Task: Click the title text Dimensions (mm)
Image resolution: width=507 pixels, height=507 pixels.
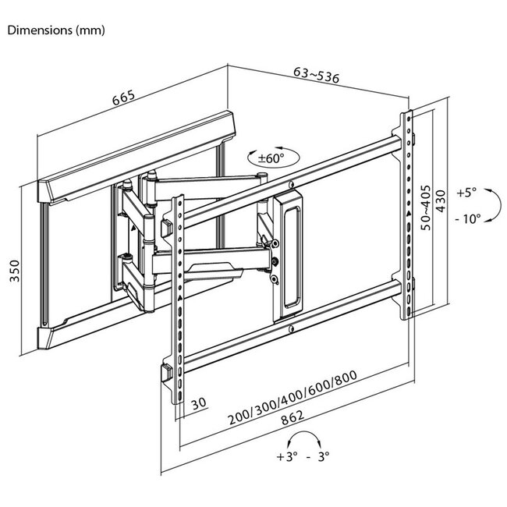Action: point(56,30)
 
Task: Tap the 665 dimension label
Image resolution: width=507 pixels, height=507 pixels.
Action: point(123,97)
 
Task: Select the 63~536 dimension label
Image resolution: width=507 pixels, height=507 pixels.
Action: point(317,75)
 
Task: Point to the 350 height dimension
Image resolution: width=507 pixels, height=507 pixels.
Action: point(15,271)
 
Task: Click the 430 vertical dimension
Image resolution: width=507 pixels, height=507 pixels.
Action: point(441,201)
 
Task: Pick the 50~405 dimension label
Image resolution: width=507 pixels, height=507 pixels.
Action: point(426,207)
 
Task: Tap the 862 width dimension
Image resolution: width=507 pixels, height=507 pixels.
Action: point(292,418)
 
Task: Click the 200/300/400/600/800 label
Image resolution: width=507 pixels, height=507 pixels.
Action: point(292,397)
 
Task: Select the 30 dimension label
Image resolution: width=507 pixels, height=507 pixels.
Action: point(199,403)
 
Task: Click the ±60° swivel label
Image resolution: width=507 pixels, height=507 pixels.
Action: point(271,158)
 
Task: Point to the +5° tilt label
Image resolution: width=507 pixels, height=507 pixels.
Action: point(466,193)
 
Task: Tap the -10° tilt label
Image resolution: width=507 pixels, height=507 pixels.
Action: point(468,219)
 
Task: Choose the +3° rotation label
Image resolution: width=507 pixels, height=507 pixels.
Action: point(287,456)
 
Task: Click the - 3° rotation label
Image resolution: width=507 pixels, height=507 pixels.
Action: point(317,456)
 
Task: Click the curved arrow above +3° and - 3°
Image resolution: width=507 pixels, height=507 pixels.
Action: point(304,431)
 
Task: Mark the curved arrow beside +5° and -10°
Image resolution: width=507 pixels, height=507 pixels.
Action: point(500,205)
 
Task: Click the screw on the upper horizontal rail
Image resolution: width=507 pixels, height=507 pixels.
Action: point(291,185)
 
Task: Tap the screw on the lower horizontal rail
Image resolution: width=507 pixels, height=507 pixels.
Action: point(291,329)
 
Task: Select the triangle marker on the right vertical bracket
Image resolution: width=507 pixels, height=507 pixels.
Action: point(409,214)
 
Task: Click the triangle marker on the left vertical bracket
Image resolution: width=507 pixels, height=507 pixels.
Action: point(179,297)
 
